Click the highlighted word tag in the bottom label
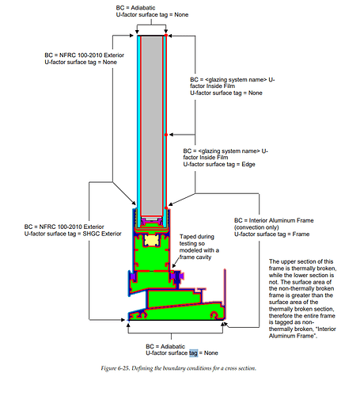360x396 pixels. click(193, 353)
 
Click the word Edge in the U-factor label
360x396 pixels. click(248, 164)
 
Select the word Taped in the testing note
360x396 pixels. click(187, 237)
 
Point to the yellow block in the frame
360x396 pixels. click(152, 241)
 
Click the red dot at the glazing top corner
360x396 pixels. click(166, 35)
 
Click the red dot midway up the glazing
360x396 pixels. click(166, 135)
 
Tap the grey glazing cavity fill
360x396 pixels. click(152, 125)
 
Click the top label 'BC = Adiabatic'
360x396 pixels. click(135, 8)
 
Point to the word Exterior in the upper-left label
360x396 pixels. click(114, 55)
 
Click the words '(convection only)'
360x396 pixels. click(256, 227)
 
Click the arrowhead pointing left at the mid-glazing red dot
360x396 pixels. click(171, 135)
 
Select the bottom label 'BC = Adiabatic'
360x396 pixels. click(165, 346)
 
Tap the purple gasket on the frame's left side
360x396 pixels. click(132, 276)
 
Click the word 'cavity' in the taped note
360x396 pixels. click(204, 257)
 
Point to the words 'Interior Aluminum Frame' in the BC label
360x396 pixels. click(282, 220)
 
